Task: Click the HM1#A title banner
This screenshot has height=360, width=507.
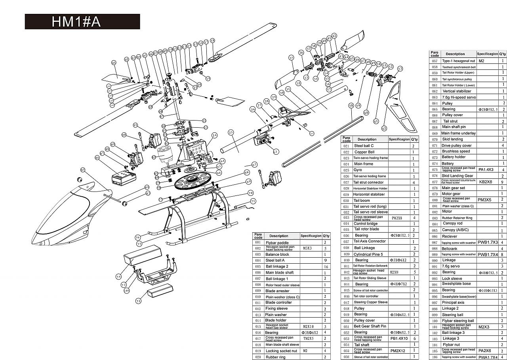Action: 82,22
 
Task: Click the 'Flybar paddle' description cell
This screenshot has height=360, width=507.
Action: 277,243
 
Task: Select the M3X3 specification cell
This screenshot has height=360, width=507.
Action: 308,249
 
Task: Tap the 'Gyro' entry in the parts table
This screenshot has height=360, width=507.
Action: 358,170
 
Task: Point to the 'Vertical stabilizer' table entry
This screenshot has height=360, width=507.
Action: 457,91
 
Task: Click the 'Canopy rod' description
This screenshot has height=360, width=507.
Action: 452,223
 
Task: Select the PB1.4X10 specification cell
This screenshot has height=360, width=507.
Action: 399,339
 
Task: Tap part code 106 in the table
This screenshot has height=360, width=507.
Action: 435,357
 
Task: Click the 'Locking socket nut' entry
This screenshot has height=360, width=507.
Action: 281,351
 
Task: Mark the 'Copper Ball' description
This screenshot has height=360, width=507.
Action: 364,152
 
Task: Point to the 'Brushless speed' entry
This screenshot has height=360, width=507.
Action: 456,151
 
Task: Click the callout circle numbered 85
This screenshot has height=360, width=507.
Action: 83,170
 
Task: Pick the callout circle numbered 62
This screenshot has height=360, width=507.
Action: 384,128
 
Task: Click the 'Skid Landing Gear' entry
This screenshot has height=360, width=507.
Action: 457,176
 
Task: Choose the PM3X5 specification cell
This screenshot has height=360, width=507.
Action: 484,200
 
